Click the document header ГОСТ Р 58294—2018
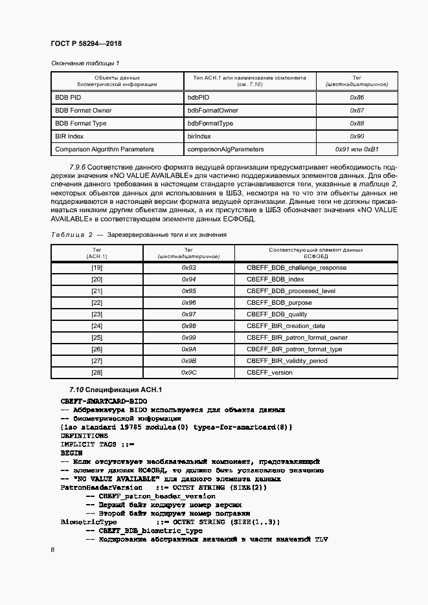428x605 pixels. coord(86,43)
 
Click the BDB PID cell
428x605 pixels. coord(68,97)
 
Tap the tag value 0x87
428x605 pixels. coord(357,111)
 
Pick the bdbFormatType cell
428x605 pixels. coord(210,124)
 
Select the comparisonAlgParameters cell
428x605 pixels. coord(225,149)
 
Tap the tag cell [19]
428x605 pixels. coord(97,268)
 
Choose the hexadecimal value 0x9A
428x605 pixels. coord(188,349)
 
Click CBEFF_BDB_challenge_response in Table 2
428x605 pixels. coord(297,268)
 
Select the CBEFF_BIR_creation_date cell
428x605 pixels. coord(286,326)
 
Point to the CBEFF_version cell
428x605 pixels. coord(269,373)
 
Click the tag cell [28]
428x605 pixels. coord(97,373)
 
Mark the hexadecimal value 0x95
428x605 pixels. coord(188,291)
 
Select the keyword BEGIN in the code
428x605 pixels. coord(71,454)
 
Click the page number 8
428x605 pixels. coord(52,549)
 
